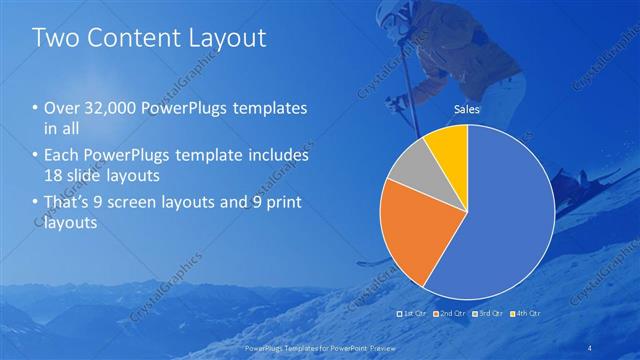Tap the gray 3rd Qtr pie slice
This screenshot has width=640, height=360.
pos(409,170)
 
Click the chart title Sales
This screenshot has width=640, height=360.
pos(467,109)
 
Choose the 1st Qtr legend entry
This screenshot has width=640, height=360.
pos(415,313)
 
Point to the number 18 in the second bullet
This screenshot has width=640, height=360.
pos(52,176)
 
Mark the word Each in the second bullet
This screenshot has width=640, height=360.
pos(63,157)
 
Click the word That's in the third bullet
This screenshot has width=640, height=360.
pos(66,204)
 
